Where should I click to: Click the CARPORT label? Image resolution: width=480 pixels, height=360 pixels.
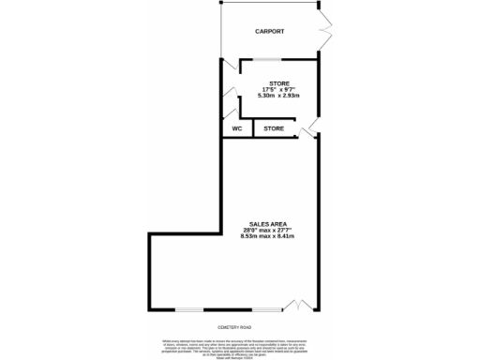pyautogui.click(x=270, y=32)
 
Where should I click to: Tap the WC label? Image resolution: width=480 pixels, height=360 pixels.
pyautogui.click(x=237, y=127)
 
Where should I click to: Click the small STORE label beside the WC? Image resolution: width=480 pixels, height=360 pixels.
pyautogui.click(x=274, y=127)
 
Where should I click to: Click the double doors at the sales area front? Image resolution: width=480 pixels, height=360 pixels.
pyautogui.click(x=296, y=306)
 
